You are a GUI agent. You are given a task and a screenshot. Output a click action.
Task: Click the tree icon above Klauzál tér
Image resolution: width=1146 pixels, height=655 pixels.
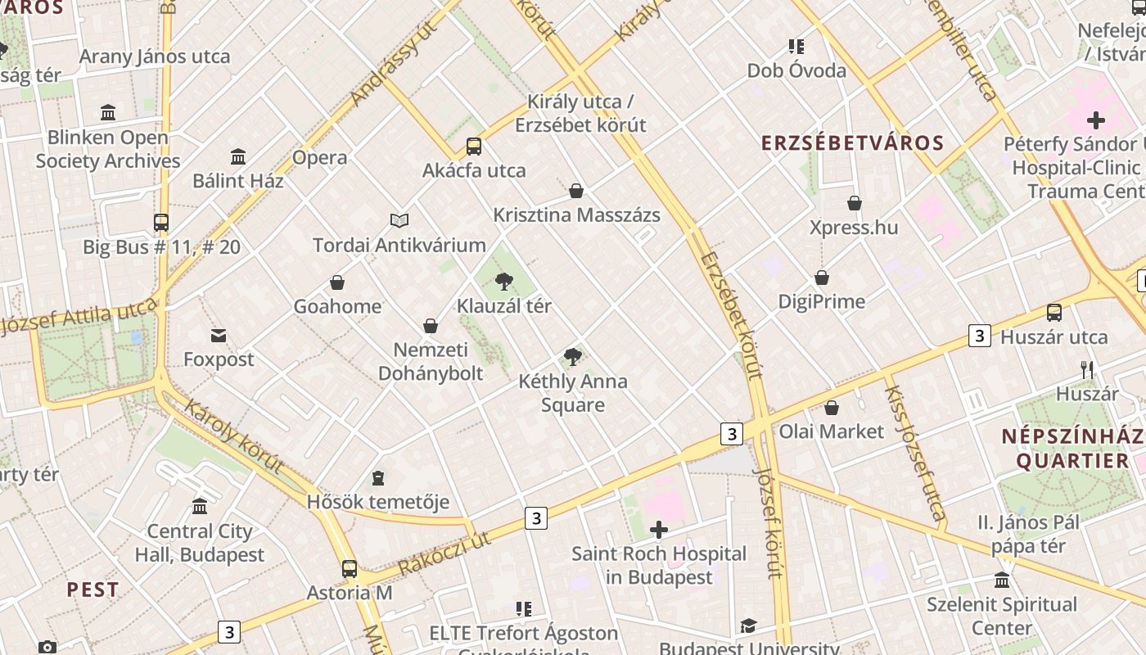point(503,282)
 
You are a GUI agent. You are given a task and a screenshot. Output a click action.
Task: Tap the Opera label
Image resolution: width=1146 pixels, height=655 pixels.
point(319,157)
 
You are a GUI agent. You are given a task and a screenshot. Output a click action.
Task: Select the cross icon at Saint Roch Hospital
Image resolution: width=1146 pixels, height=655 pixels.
point(658,530)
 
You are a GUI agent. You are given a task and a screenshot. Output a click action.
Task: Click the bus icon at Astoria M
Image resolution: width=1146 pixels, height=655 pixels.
point(350,568)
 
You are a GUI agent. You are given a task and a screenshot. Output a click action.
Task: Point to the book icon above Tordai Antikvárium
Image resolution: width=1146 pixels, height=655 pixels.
point(399,220)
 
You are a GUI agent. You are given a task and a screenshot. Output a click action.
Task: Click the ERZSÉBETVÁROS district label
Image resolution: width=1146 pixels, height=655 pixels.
point(852,143)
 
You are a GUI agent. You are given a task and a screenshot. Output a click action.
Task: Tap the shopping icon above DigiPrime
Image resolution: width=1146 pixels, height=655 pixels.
point(821,278)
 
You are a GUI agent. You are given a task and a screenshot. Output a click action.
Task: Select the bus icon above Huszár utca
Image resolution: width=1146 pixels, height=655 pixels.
point(1054,313)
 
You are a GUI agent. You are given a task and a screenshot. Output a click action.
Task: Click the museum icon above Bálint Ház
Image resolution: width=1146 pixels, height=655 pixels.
point(238,156)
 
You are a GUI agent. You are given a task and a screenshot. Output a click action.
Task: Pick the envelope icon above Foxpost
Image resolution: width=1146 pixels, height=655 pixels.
point(219,336)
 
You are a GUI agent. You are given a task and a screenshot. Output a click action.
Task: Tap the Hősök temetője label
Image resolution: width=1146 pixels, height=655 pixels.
point(377,502)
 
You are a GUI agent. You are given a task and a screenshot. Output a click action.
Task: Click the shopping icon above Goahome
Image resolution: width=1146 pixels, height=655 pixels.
point(337,283)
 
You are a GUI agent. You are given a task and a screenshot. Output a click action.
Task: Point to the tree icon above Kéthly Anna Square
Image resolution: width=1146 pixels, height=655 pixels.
point(573,357)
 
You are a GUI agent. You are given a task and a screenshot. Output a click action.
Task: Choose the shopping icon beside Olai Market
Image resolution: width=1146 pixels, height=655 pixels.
point(832,408)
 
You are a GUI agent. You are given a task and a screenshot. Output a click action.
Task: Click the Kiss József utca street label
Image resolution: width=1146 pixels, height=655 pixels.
point(914,453)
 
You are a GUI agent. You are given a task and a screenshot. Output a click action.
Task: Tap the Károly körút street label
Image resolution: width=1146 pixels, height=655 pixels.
point(233,436)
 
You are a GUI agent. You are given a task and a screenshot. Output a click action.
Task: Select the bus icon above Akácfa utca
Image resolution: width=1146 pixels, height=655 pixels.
point(474,147)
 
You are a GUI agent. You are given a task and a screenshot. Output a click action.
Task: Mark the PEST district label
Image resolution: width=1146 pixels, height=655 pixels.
point(92,589)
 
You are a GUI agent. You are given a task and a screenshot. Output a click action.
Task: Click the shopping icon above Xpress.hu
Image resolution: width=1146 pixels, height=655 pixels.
point(854,203)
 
